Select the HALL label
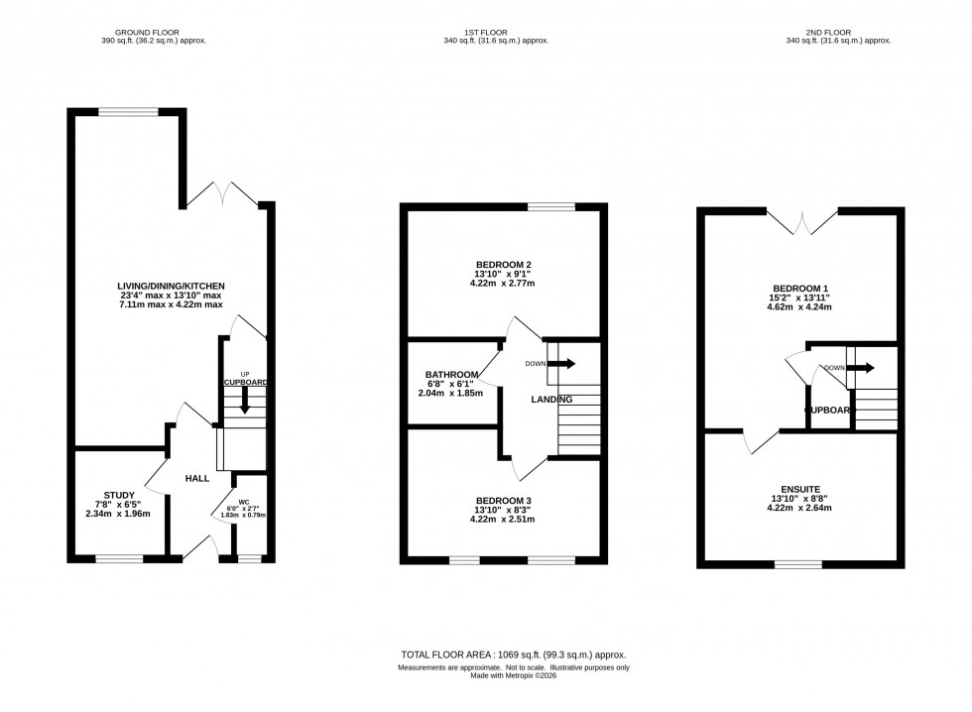coord(196,478)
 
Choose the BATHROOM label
coord(450,374)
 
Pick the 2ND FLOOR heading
coord(838,31)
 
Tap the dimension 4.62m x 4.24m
coord(803,307)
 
